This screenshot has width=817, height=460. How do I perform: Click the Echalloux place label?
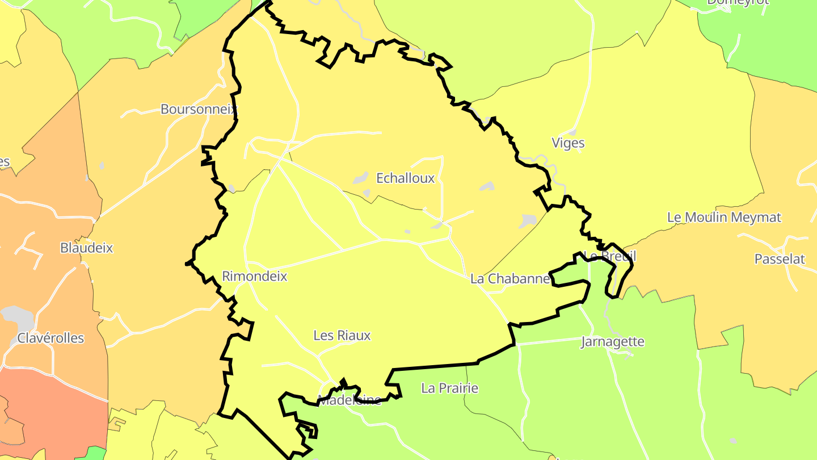tap(406, 178)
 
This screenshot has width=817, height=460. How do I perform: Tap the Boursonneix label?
tap(198, 109)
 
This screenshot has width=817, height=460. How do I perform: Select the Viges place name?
tap(568, 143)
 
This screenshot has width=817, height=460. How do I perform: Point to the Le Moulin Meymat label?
tap(724, 217)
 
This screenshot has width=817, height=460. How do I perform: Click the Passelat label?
tap(780, 259)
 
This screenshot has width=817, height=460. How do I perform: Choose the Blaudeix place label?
tap(87, 248)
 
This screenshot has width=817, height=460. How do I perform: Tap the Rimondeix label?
tap(255, 277)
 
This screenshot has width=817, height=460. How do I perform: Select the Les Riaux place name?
tap(342, 336)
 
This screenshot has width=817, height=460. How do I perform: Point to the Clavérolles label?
tap(50, 338)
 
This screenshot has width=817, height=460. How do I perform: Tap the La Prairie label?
tap(449, 388)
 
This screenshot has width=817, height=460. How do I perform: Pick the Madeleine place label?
tap(349, 400)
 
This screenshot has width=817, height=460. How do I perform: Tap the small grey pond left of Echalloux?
tap(360, 178)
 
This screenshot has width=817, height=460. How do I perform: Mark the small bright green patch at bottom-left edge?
tap(91, 453)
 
